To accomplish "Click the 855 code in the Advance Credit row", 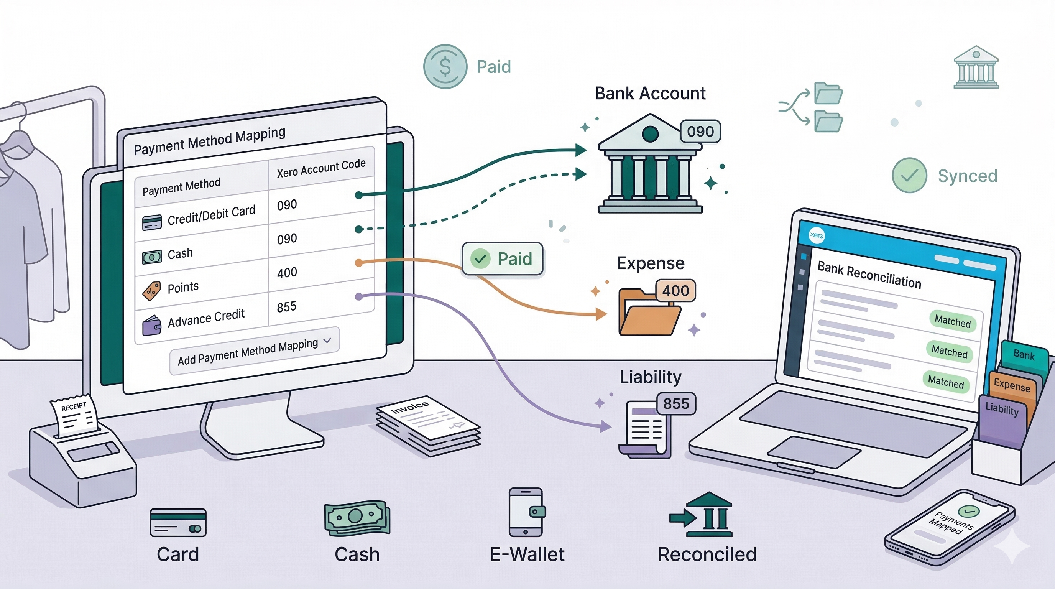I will click(x=286, y=307).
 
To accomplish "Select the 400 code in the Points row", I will click(x=287, y=272).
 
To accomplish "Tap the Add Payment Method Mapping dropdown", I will click(x=254, y=351).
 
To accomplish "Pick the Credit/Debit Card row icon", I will click(x=151, y=222).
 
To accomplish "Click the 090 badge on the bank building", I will click(x=700, y=132).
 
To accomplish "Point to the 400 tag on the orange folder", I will click(x=675, y=290).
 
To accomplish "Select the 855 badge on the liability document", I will click(x=676, y=404).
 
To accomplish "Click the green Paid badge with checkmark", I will click(x=503, y=259).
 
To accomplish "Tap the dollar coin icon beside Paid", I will click(x=445, y=66).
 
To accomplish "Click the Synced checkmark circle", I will click(x=909, y=175).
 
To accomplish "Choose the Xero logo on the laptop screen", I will click(x=816, y=235).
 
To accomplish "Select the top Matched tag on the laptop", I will click(x=953, y=321).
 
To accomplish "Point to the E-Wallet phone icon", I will click(x=526, y=512).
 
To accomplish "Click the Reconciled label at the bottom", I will click(x=707, y=554).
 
